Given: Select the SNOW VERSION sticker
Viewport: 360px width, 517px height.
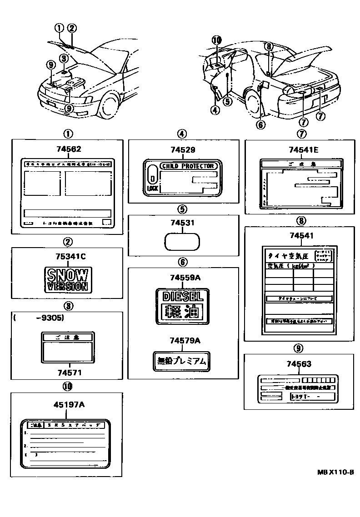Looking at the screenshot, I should tap(67, 279).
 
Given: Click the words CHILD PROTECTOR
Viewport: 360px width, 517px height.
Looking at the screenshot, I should tap(187, 166).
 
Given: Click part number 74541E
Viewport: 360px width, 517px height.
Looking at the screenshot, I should tap(302, 149).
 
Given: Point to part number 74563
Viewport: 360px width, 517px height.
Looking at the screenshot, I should tap(299, 363).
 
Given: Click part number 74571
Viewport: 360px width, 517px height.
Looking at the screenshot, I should tap(69, 373).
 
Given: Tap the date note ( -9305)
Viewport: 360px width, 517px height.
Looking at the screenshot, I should tap(39, 318).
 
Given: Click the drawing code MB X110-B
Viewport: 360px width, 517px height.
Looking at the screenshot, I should tap(335, 472).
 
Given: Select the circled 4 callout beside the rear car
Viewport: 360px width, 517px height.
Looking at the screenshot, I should tap(215, 109).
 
